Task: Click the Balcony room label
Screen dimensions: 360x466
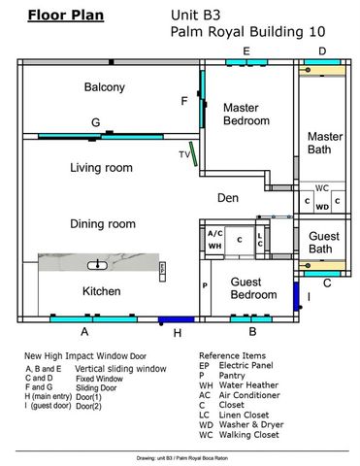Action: (x=105, y=87)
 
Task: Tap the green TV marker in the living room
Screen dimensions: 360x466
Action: (x=193, y=153)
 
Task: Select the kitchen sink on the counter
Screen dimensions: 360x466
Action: (x=97, y=265)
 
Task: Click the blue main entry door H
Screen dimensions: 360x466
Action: (x=177, y=319)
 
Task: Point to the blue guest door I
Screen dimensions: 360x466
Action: (x=296, y=296)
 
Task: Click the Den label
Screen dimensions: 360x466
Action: (x=228, y=198)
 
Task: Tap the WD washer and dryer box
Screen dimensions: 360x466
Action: (x=322, y=207)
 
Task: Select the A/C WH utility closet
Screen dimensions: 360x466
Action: (x=215, y=240)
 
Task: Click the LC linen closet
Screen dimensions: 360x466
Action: (x=260, y=240)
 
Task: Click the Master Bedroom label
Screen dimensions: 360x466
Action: (x=246, y=115)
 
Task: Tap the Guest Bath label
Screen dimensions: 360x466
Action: (x=324, y=243)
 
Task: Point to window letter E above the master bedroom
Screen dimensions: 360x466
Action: (x=246, y=51)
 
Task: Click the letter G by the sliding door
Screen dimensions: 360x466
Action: (x=95, y=122)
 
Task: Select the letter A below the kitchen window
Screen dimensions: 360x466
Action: (x=84, y=332)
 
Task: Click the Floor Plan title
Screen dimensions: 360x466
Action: (x=66, y=16)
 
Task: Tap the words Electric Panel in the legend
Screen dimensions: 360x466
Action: (x=246, y=365)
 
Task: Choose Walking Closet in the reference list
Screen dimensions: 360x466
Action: (x=249, y=435)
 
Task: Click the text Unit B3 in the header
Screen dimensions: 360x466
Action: (x=196, y=16)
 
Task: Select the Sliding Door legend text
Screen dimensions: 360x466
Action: (x=96, y=387)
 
